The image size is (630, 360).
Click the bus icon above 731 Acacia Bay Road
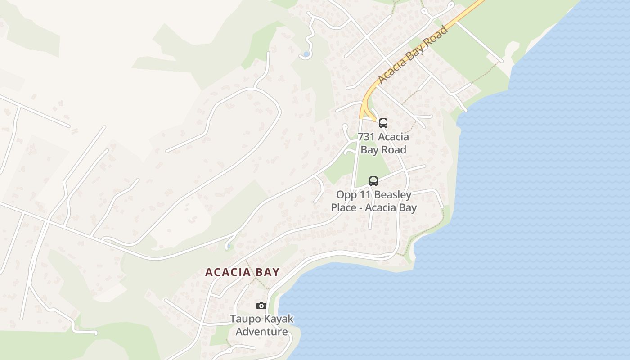click(383, 123)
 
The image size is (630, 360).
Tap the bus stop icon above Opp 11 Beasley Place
click(373, 181)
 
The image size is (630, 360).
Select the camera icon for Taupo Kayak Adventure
click(261, 306)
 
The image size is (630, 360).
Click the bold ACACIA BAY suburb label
click(243, 272)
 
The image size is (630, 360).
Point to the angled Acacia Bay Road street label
click(413, 55)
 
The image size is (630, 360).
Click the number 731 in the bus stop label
click(366, 137)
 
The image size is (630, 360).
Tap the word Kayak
click(279, 319)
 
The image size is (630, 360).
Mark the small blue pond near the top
click(306, 54)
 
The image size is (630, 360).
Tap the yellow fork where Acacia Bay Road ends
click(366, 111)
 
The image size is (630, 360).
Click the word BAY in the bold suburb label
click(267, 272)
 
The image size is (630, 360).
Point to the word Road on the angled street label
click(436, 37)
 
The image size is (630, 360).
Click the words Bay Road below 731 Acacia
click(383, 150)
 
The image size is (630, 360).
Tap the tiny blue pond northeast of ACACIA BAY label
click(229, 246)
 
